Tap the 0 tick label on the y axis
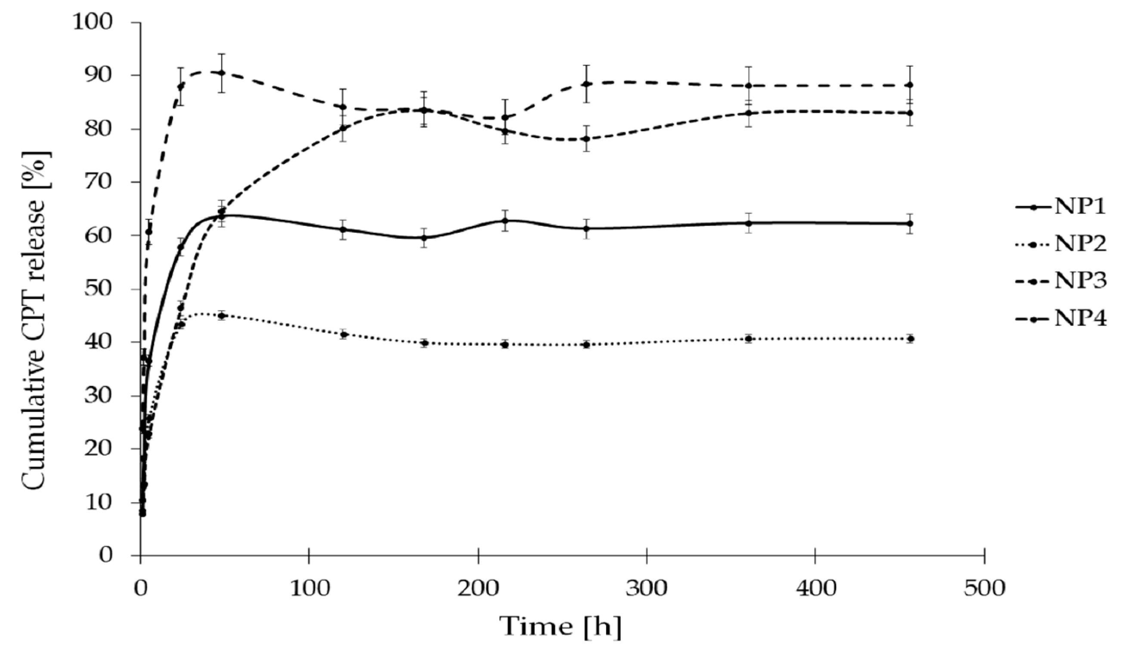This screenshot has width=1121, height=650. tap(106, 555)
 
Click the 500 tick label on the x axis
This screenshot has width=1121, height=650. tap(984, 588)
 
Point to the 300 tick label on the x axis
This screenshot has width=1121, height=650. tap(646, 588)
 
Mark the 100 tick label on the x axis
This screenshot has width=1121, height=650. tap(309, 588)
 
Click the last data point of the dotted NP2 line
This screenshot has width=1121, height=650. tap(910, 339)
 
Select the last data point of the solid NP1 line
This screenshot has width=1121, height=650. tap(910, 223)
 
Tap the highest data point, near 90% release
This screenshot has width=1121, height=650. tap(222, 73)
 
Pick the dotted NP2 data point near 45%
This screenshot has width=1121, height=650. tap(222, 316)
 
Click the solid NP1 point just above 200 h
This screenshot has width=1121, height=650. tap(505, 221)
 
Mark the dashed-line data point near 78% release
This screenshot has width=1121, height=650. tap(587, 139)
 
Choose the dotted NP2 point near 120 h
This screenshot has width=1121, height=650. tap(344, 334)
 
